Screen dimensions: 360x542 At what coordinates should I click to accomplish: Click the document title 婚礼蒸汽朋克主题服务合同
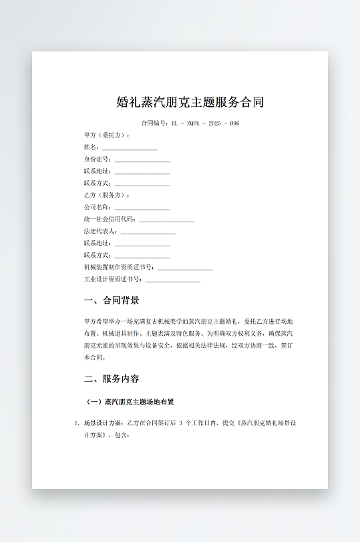pyautogui.click(x=190, y=102)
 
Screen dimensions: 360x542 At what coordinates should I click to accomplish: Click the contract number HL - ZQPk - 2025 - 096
pyautogui.click(x=205, y=123)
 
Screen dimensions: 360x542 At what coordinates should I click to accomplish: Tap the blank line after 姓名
pyautogui.click(x=130, y=148)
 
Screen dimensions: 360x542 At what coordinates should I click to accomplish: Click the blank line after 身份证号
pyautogui.click(x=142, y=160)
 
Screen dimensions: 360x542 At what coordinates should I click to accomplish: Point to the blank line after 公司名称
pyautogui.click(x=142, y=208)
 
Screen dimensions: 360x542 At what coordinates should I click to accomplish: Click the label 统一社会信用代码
pyautogui.click(x=110, y=220)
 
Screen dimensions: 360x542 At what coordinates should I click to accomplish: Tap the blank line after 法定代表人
pyautogui.click(x=148, y=232)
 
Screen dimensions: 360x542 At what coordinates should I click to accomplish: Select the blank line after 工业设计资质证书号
pyautogui.click(x=173, y=280)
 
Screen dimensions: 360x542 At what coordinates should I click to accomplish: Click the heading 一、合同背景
pyautogui.click(x=112, y=301)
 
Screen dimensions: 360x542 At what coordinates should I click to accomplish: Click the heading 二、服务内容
pyautogui.click(x=112, y=379)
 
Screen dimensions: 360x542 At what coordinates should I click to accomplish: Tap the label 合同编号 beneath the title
pyautogui.click(x=155, y=123)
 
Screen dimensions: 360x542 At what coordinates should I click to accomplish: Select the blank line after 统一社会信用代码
pyautogui.click(x=167, y=220)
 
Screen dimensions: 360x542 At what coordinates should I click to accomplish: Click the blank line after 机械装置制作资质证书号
pyautogui.click(x=185, y=268)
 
